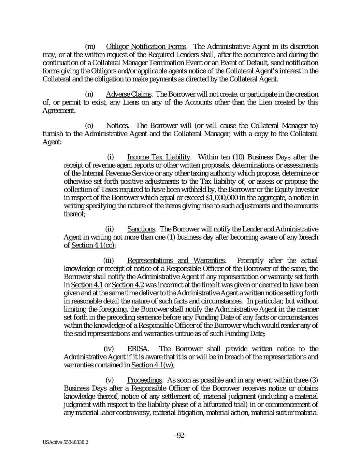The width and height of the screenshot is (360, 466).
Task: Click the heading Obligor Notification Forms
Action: [x=146, y=46]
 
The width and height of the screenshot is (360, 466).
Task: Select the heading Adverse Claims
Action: [x=129, y=94]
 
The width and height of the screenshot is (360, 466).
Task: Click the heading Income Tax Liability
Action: [x=158, y=157]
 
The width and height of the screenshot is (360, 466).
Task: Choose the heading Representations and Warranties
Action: [x=176, y=261]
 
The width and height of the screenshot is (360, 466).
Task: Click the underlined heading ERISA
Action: [x=137, y=349]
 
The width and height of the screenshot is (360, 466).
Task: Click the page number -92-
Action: [x=180, y=435]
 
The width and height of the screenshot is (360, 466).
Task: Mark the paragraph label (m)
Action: [x=89, y=46]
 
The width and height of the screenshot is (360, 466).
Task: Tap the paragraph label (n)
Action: [x=89, y=94]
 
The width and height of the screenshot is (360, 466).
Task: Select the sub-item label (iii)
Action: [x=109, y=261]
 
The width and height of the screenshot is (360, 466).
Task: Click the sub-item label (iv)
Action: [x=109, y=349]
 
